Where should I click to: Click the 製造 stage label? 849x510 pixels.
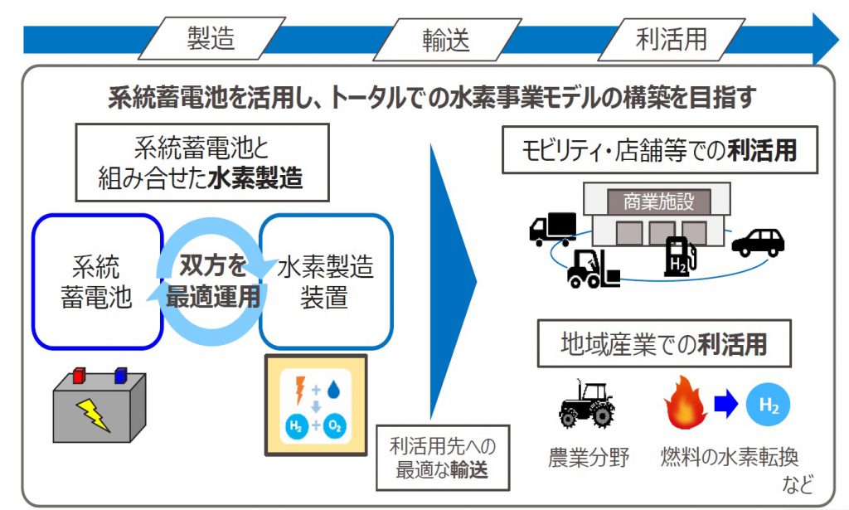[211, 38]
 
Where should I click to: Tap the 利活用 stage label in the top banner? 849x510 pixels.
[672, 39]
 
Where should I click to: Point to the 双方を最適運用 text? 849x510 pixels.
[213, 281]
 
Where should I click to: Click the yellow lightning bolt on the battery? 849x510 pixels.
[94, 415]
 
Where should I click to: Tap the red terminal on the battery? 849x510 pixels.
[79, 375]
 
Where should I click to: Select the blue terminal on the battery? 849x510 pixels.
[121, 375]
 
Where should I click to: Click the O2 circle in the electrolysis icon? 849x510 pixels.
[335, 426]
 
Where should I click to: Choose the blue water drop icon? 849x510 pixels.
[333, 389]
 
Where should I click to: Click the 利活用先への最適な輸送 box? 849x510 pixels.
[443, 458]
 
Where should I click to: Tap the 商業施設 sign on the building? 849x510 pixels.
[658, 202]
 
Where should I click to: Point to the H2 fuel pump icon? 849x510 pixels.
[680, 256]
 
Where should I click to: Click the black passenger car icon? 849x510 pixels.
[758, 242]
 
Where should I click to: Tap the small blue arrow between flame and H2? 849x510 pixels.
[725, 403]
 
